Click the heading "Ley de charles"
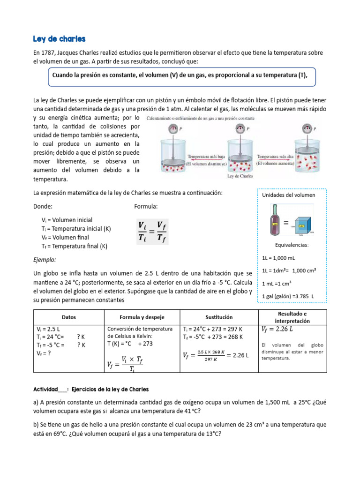pos(59,38)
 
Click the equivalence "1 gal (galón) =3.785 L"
pos(288,297)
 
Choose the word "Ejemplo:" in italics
pos(45,259)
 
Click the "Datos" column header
pos(69,317)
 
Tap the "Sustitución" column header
pos(219,317)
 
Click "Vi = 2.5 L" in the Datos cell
pos(49,329)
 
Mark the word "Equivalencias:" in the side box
pos(292,245)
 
